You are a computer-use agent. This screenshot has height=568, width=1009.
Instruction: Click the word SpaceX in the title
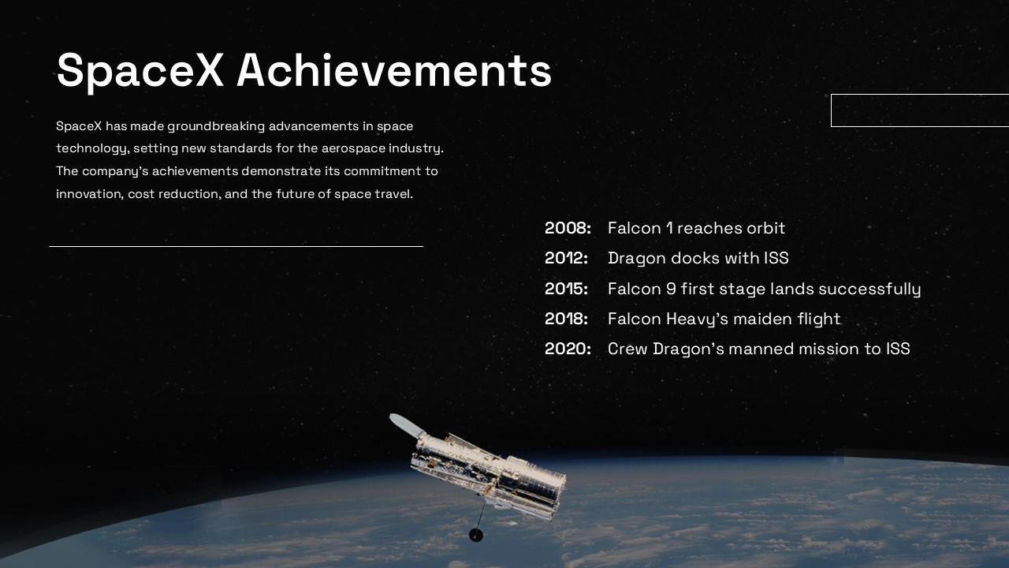tap(140, 71)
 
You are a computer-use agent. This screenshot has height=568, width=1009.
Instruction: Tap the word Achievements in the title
tap(394, 70)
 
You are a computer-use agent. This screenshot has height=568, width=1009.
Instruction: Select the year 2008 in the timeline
tap(568, 228)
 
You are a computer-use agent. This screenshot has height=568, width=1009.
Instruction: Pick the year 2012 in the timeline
tap(566, 258)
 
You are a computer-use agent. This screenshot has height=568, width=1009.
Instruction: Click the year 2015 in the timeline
tap(566, 289)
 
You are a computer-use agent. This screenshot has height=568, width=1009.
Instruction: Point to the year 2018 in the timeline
tap(566, 319)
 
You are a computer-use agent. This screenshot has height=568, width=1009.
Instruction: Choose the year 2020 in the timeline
tap(568, 349)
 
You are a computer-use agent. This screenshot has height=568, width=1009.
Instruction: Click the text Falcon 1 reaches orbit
tap(696, 228)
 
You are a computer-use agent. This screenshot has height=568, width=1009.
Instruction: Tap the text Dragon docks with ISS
tap(698, 259)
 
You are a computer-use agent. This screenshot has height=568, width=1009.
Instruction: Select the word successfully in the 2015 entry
tap(869, 290)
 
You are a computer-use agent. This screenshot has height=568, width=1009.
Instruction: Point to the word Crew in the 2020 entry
tap(627, 349)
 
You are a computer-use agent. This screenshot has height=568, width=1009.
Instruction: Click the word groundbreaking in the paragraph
tap(216, 127)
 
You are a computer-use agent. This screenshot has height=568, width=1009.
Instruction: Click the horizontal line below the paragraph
tap(236, 247)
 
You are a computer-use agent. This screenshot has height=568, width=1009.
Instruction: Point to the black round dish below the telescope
tap(476, 535)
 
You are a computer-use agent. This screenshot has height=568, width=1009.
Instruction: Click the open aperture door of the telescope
tap(406, 425)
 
